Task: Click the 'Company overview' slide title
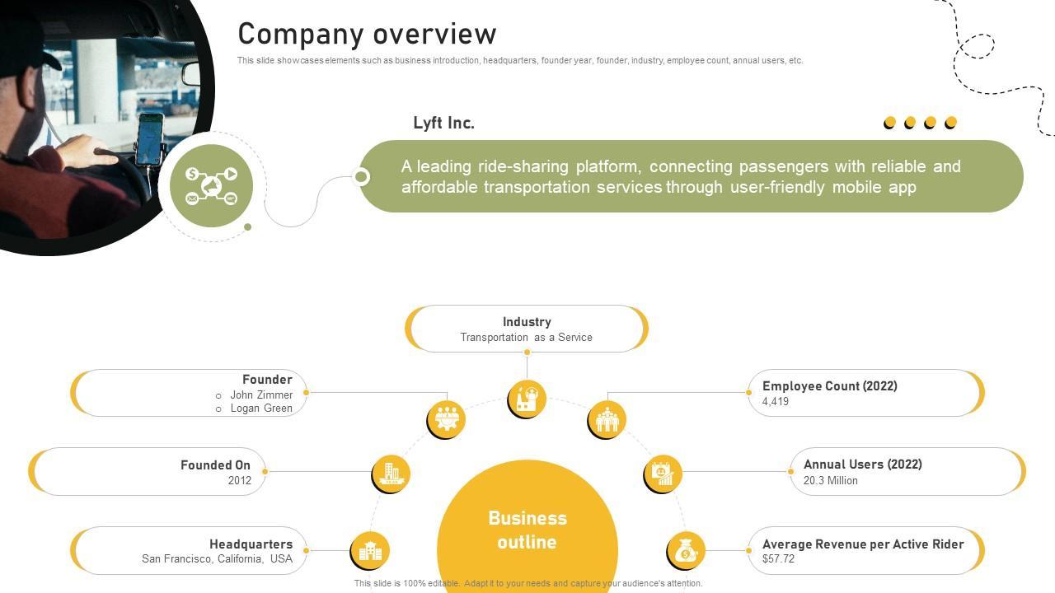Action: pos(367,35)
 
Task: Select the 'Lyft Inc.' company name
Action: pos(443,124)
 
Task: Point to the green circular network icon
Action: pos(211,186)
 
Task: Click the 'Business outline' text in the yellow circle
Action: pos(527,530)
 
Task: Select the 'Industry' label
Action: pos(527,322)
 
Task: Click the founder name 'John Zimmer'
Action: pos(261,395)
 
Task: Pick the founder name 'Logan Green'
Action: pos(261,409)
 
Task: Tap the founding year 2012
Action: pos(240,480)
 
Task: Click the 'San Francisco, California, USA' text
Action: pos(217,558)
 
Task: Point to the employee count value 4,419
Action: pos(776,402)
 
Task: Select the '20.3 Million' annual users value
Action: pos(831,480)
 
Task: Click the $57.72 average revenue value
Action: pos(779,558)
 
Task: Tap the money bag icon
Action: pos(686,550)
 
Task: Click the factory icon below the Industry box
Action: pos(527,399)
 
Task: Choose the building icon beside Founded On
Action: pos(391,474)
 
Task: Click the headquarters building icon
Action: pos(370,550)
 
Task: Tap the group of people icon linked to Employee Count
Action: pos(607,418)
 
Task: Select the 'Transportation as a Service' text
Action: pos(526,338)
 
